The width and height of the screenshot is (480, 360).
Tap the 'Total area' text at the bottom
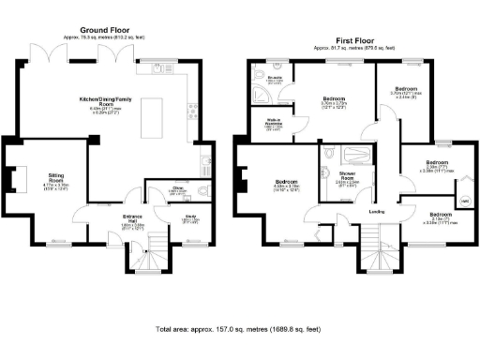(240, 330)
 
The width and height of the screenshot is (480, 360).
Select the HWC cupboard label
(463, 199)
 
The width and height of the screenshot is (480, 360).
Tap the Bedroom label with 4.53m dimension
(286, 183)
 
